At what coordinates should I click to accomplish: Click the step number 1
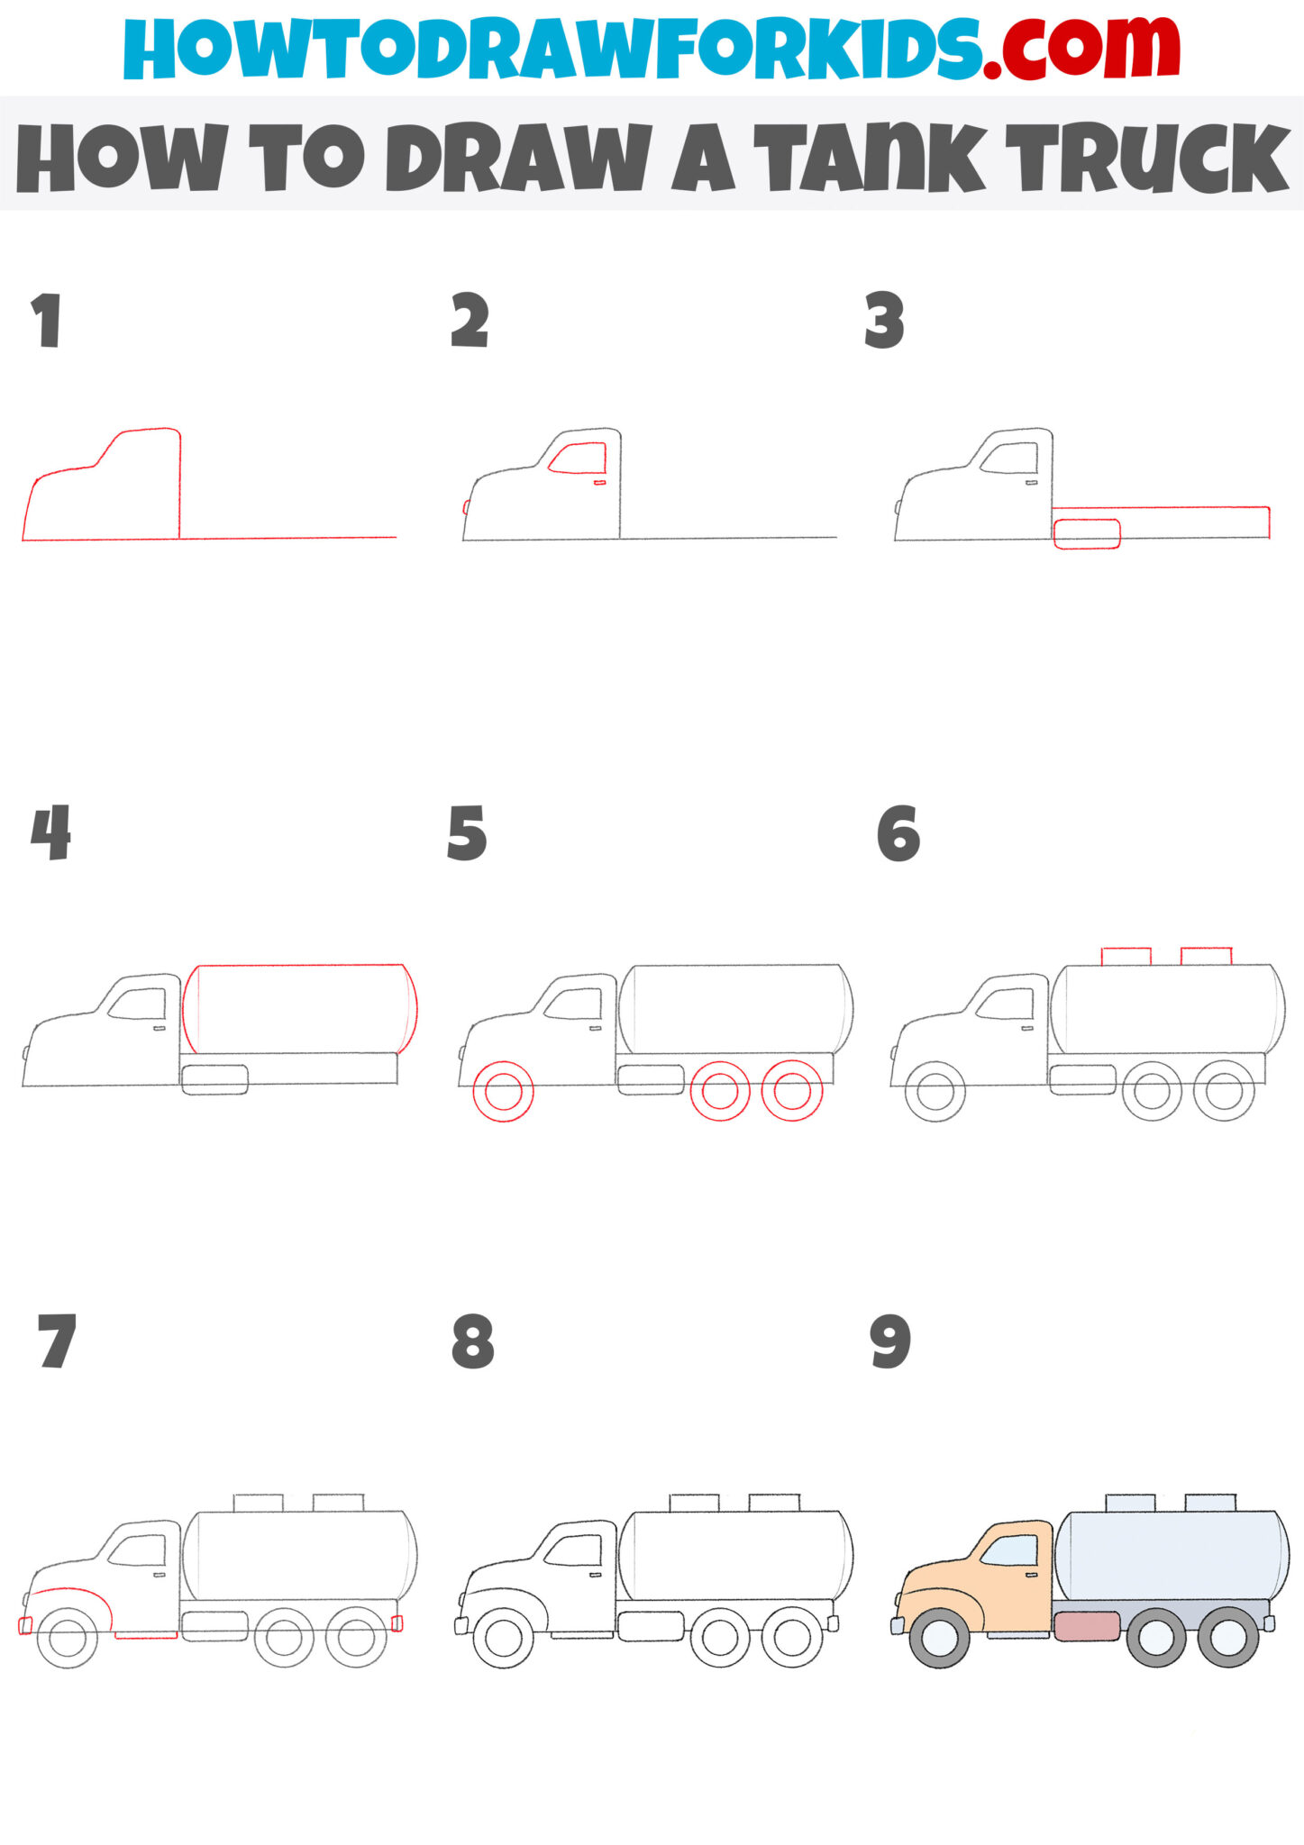[46, 321]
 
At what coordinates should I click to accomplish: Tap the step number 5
[467, 833]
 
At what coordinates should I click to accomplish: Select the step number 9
[890, 1342]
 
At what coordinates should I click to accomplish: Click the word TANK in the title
[870, 159]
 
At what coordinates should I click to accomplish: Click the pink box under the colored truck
[1087, 1626]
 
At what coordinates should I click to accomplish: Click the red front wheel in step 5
[504, 1092]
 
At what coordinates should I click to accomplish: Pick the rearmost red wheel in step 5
[791, 1091]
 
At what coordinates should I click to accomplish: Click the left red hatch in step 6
[1126, 956]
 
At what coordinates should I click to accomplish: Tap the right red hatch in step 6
[1206, 956]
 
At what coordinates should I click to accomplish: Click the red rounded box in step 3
[1087, 533]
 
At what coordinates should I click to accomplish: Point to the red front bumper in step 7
[24, 1625]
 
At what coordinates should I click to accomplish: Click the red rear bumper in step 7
[397, 1623]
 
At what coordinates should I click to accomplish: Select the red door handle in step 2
[599, 483]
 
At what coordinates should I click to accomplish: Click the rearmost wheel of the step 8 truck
[791, 1636]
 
